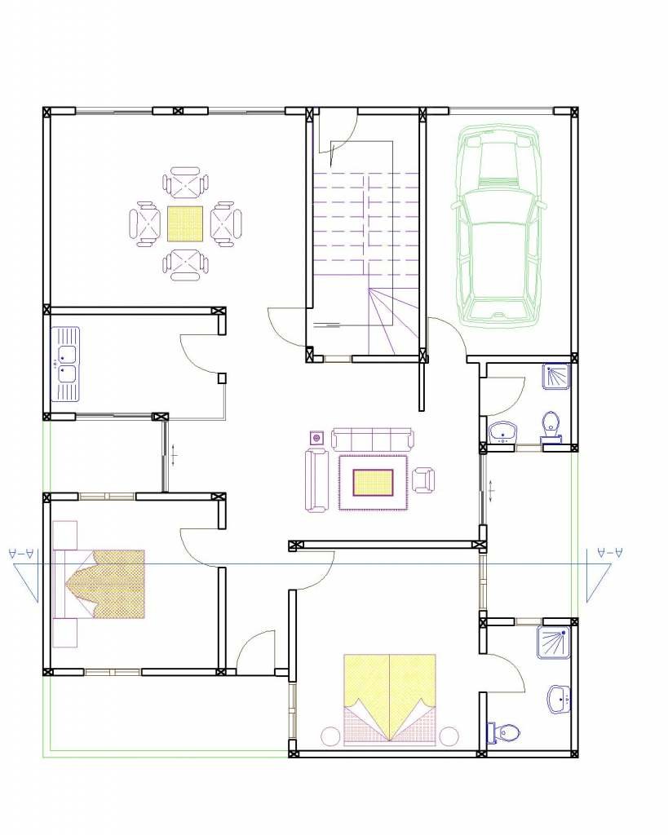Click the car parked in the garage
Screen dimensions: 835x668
point(498,224)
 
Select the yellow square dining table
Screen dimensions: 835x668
point(185,223)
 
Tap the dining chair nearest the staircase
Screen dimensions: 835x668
point(227,223)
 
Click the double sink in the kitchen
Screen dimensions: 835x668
point(65,364)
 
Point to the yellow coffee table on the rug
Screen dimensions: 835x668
point(374,483)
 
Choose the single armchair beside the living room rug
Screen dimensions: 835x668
point(423,479)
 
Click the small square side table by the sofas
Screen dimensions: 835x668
point(316,439)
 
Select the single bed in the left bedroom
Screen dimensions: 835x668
point(98,584)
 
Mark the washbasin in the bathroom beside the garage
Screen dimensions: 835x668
point(502,431)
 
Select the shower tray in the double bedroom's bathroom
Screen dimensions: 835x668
point(552,641)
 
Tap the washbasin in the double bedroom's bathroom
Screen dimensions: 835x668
point(560,698)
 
